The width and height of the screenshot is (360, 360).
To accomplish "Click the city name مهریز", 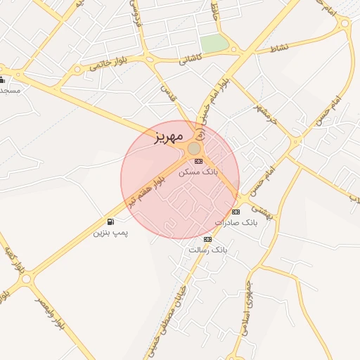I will pos(169,136).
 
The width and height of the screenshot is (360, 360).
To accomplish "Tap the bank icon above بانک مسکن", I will pos(198,161).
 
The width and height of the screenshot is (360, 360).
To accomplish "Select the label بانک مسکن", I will pos(198,171).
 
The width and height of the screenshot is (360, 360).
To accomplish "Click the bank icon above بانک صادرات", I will pos(235,212).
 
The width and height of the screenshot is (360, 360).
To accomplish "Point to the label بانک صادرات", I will pos(236,222).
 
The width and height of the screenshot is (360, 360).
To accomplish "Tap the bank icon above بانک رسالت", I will pos(207,239).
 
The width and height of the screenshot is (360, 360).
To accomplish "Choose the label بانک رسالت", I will pos(209,250).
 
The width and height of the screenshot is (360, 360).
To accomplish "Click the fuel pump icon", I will pos(111,222).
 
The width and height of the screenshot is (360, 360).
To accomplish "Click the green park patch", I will pos(214,44).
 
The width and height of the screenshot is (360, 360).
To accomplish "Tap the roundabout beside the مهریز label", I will pos(194,148).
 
